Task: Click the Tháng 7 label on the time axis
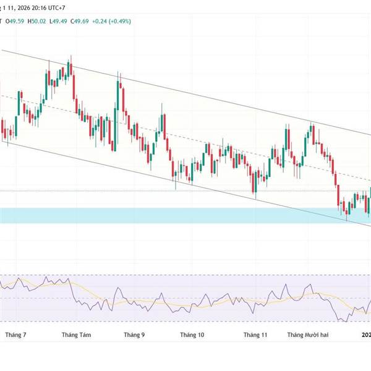point(15,335)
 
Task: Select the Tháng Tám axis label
point(77,335)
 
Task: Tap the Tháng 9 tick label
point(134,335)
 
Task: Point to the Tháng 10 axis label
point(192,335)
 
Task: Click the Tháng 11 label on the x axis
point(255,335)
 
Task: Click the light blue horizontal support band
point(185,215)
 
